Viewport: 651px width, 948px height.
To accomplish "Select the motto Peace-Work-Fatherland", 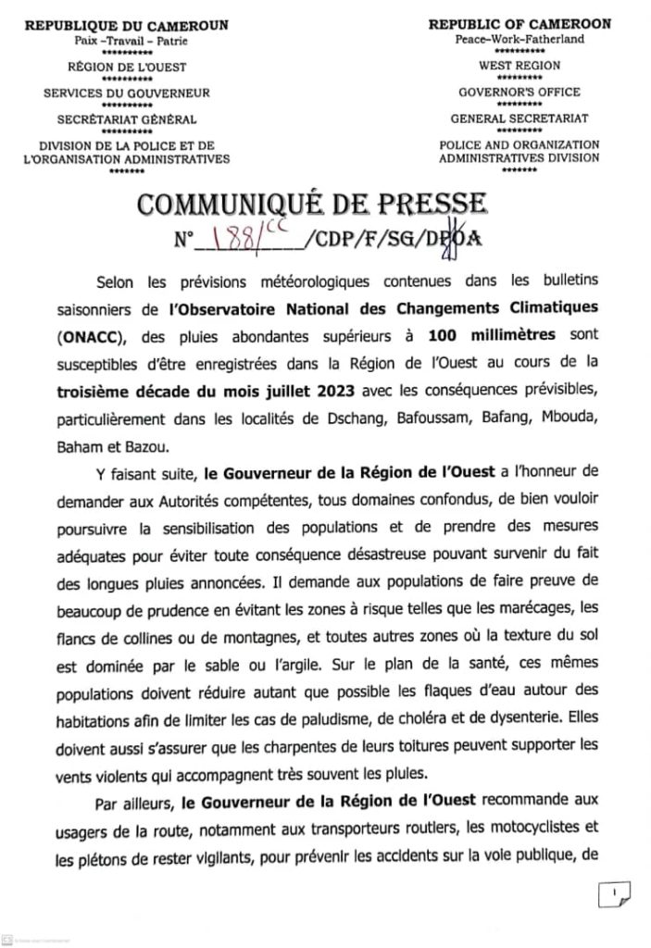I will coord(520,40).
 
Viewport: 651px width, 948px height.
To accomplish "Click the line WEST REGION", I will coord(520,66).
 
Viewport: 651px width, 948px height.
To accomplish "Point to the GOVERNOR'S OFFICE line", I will coord(520,93).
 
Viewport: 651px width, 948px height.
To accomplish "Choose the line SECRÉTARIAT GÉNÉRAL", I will coord(127,119).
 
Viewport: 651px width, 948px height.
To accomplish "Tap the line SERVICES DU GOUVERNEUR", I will coord(127,93).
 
